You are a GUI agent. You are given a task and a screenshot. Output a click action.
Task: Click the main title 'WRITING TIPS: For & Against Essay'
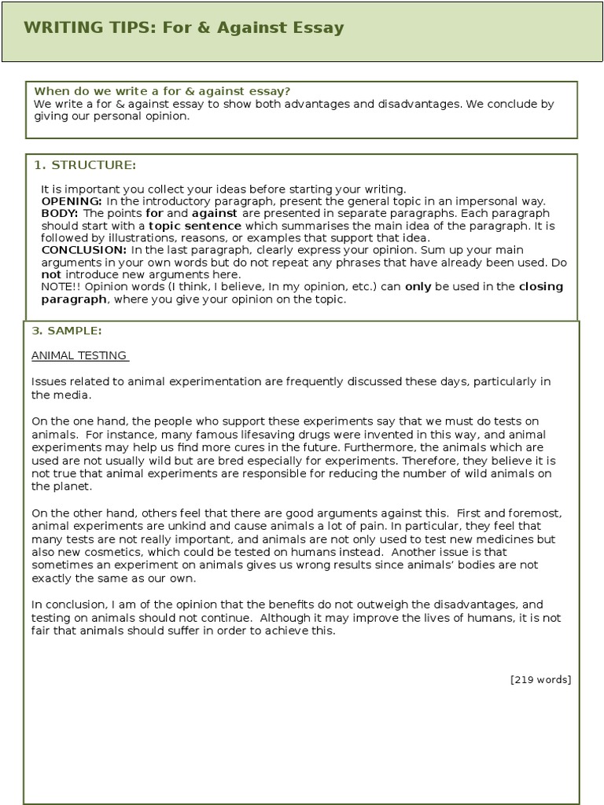pyautogui.click(x=183, y=28)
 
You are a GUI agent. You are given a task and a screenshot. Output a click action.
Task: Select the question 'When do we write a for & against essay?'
pyautogui.click(x=162, y=91)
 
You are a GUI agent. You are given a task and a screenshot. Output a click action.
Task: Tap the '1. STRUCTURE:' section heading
pyautogui.click(x=85, y=165)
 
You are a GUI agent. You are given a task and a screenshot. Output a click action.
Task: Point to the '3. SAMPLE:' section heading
pyautogui.click(x=67, y=330)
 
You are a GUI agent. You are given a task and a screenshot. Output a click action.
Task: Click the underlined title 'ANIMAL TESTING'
pyautogui.click(x=79, y=355)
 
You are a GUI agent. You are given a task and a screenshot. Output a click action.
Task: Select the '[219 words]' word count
pyautogui.click(x=540, y=679)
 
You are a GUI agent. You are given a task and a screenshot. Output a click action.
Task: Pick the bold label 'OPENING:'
pyautogui.click(x=72, y=201)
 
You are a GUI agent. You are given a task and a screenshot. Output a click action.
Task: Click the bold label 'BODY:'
pyautogui.click(x=59, y=213)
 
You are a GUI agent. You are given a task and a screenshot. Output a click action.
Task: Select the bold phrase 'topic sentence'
pyautogui.click(x=195, y=226)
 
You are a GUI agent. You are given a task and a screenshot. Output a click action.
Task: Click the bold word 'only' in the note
pyautogui.click(x=418, y=287)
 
